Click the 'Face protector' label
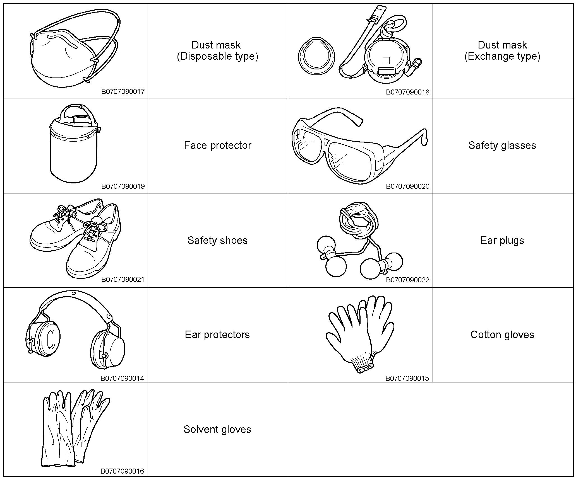tap(217, 145)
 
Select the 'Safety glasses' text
tap(502, 145)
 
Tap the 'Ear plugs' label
tap(502, 240)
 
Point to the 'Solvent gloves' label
tap(217, 429)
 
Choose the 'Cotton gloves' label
tap(502, 334)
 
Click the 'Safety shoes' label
tap(217, 240)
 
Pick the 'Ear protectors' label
tap(217, 334)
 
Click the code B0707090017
tap(123, 91)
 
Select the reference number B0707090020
tap(407, 186)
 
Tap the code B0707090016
tap(122, 471)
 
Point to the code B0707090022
tap(407, 280)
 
